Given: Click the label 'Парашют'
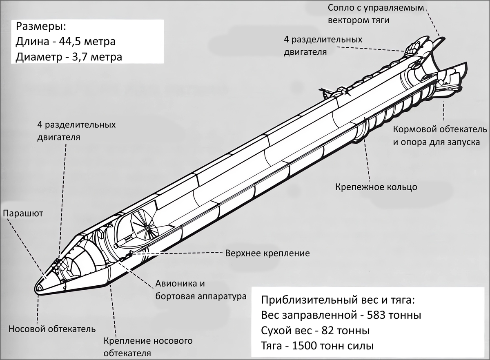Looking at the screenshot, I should pos(23,213).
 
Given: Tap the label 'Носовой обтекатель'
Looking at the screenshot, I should pos(52,329).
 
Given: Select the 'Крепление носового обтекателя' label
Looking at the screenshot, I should pos(148,347).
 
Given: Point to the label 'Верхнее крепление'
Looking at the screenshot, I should pos(267,253).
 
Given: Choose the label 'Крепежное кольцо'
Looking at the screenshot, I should pos(376,187).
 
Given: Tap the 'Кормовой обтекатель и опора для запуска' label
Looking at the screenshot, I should pos(440,136).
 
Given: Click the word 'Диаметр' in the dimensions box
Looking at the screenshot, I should pos(38,56).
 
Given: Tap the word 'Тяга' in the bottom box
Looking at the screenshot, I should pos(273,346).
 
